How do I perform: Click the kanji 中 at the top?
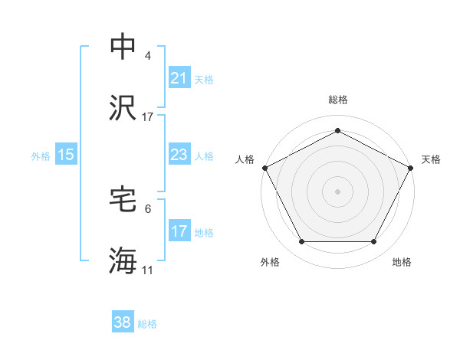(123, 47)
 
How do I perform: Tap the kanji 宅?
(123, 200)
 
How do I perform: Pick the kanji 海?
(123, 261)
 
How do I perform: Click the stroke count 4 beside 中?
(148, 56)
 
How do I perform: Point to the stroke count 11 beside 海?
(148, 270)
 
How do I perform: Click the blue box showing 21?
(179, 78)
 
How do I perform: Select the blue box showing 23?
(179, 155)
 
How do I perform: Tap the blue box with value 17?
(179, 231)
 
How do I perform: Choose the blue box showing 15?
(66, 155)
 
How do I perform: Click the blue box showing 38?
(123, 322)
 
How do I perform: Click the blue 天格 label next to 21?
(204, 79)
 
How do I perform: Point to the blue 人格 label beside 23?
(204, 155)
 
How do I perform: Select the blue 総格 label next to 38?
(147, 323)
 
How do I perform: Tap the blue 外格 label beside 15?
(41, 155)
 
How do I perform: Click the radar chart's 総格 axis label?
(337, 100)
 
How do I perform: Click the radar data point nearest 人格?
(264, 167)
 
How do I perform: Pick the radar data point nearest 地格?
(373, 241)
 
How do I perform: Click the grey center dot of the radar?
(337, 191)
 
